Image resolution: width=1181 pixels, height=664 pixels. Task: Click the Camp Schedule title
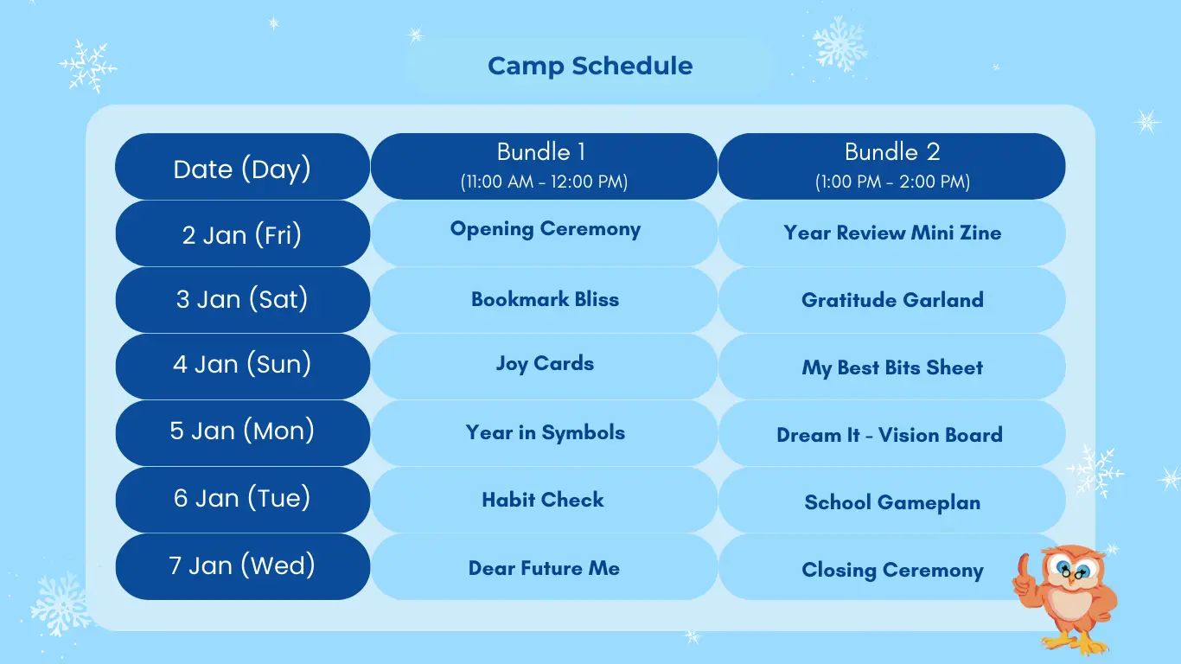(x=590, y=66)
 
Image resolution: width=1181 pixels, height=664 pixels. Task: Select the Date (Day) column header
(x=243, y=167)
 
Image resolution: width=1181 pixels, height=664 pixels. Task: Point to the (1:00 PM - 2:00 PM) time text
(x=892, y=182)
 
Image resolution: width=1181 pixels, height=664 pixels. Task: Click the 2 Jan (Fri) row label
(x=243, y=233)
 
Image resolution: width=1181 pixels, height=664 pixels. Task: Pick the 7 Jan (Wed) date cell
(x=243, y=566)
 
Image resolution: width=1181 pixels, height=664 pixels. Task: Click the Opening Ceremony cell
(x=545, y=233)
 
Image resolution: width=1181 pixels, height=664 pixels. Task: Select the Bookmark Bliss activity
(x=545, y=300)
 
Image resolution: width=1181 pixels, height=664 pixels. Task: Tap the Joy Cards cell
(x=545, y=367)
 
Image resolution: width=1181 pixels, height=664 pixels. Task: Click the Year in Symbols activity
(x=545, y=433)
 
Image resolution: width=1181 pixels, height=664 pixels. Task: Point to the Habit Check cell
(x=545, y=500)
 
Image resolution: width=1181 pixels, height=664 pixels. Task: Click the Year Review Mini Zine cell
(x=892, y=233)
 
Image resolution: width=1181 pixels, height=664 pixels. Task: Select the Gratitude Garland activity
(x=892, y=300)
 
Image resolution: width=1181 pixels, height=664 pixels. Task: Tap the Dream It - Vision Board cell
(x=892, y=433)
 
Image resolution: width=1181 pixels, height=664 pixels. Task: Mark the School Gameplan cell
(x=892, y=500)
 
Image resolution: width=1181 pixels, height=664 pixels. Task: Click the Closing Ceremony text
(x=892, y=570)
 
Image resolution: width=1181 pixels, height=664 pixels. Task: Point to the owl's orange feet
(x=1075, y=642)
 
